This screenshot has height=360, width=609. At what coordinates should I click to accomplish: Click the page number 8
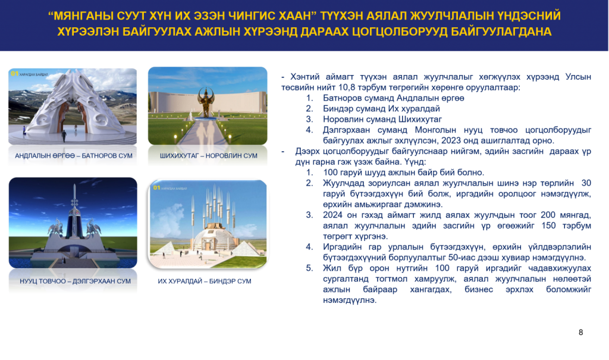(580, 333)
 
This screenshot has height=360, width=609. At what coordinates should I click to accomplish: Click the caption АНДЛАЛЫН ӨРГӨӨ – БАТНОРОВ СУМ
(73, 156)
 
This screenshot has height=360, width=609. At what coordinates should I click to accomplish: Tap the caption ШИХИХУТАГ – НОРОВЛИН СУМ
(209, 156)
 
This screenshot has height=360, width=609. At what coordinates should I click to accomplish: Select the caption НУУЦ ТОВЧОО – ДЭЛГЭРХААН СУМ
(75, 281)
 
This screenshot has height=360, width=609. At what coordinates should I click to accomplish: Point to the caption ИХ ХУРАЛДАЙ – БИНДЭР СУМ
(205, 281)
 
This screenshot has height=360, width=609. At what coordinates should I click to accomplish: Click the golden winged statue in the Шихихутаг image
(205, 102)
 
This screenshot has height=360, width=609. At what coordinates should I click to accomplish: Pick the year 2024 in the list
(332, 215)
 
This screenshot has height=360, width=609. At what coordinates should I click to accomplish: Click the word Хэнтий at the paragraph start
(304, 77)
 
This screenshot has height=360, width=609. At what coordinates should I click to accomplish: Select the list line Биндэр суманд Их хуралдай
(381, 108)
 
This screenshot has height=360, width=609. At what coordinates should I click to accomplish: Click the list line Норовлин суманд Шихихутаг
(382, 120)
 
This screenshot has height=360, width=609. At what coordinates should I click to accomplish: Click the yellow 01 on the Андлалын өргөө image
(14, 73)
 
